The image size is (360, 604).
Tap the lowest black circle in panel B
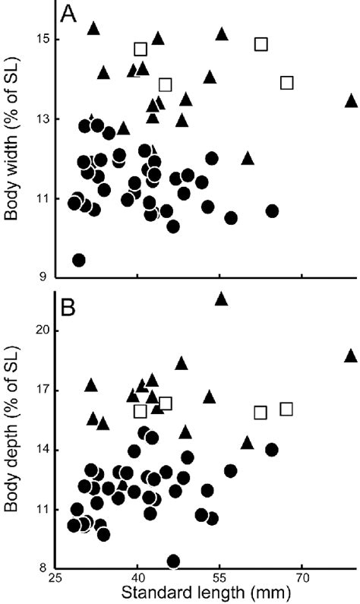[173, 561]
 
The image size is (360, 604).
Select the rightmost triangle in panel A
[351, 101]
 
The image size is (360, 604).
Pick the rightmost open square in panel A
[286, 83]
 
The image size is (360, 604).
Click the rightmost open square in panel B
[286, 410]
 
